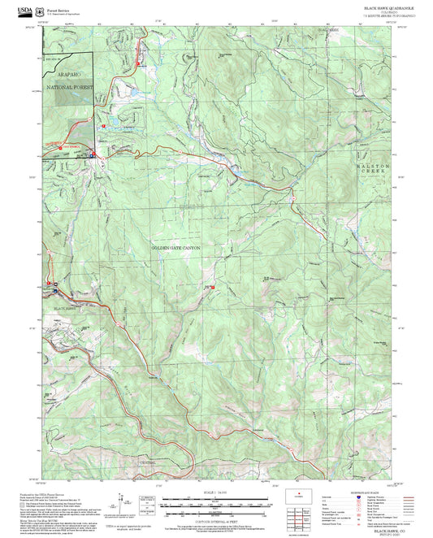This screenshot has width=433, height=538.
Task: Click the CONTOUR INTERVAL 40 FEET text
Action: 216,520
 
